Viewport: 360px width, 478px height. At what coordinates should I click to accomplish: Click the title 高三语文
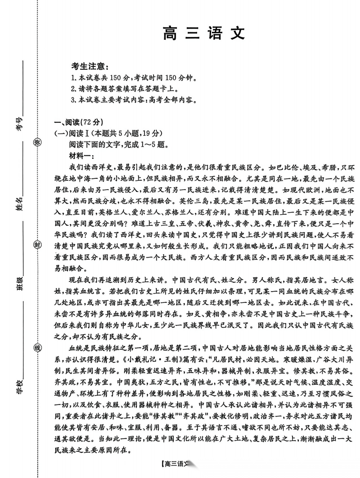click(x=203, y=34)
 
